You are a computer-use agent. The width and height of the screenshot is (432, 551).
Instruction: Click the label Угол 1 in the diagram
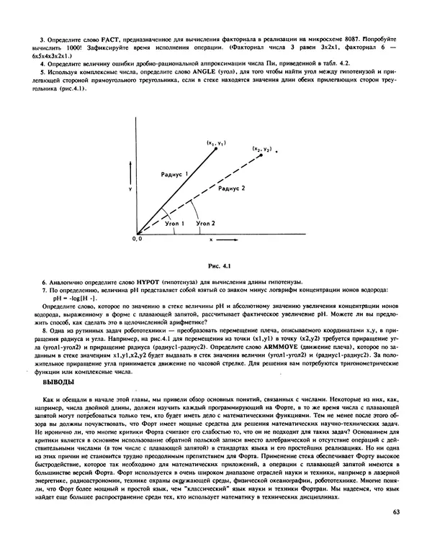(175, 224)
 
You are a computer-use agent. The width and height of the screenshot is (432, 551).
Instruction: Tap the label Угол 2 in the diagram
(206, 224)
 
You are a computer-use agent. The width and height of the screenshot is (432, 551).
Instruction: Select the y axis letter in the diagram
(129, 188)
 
